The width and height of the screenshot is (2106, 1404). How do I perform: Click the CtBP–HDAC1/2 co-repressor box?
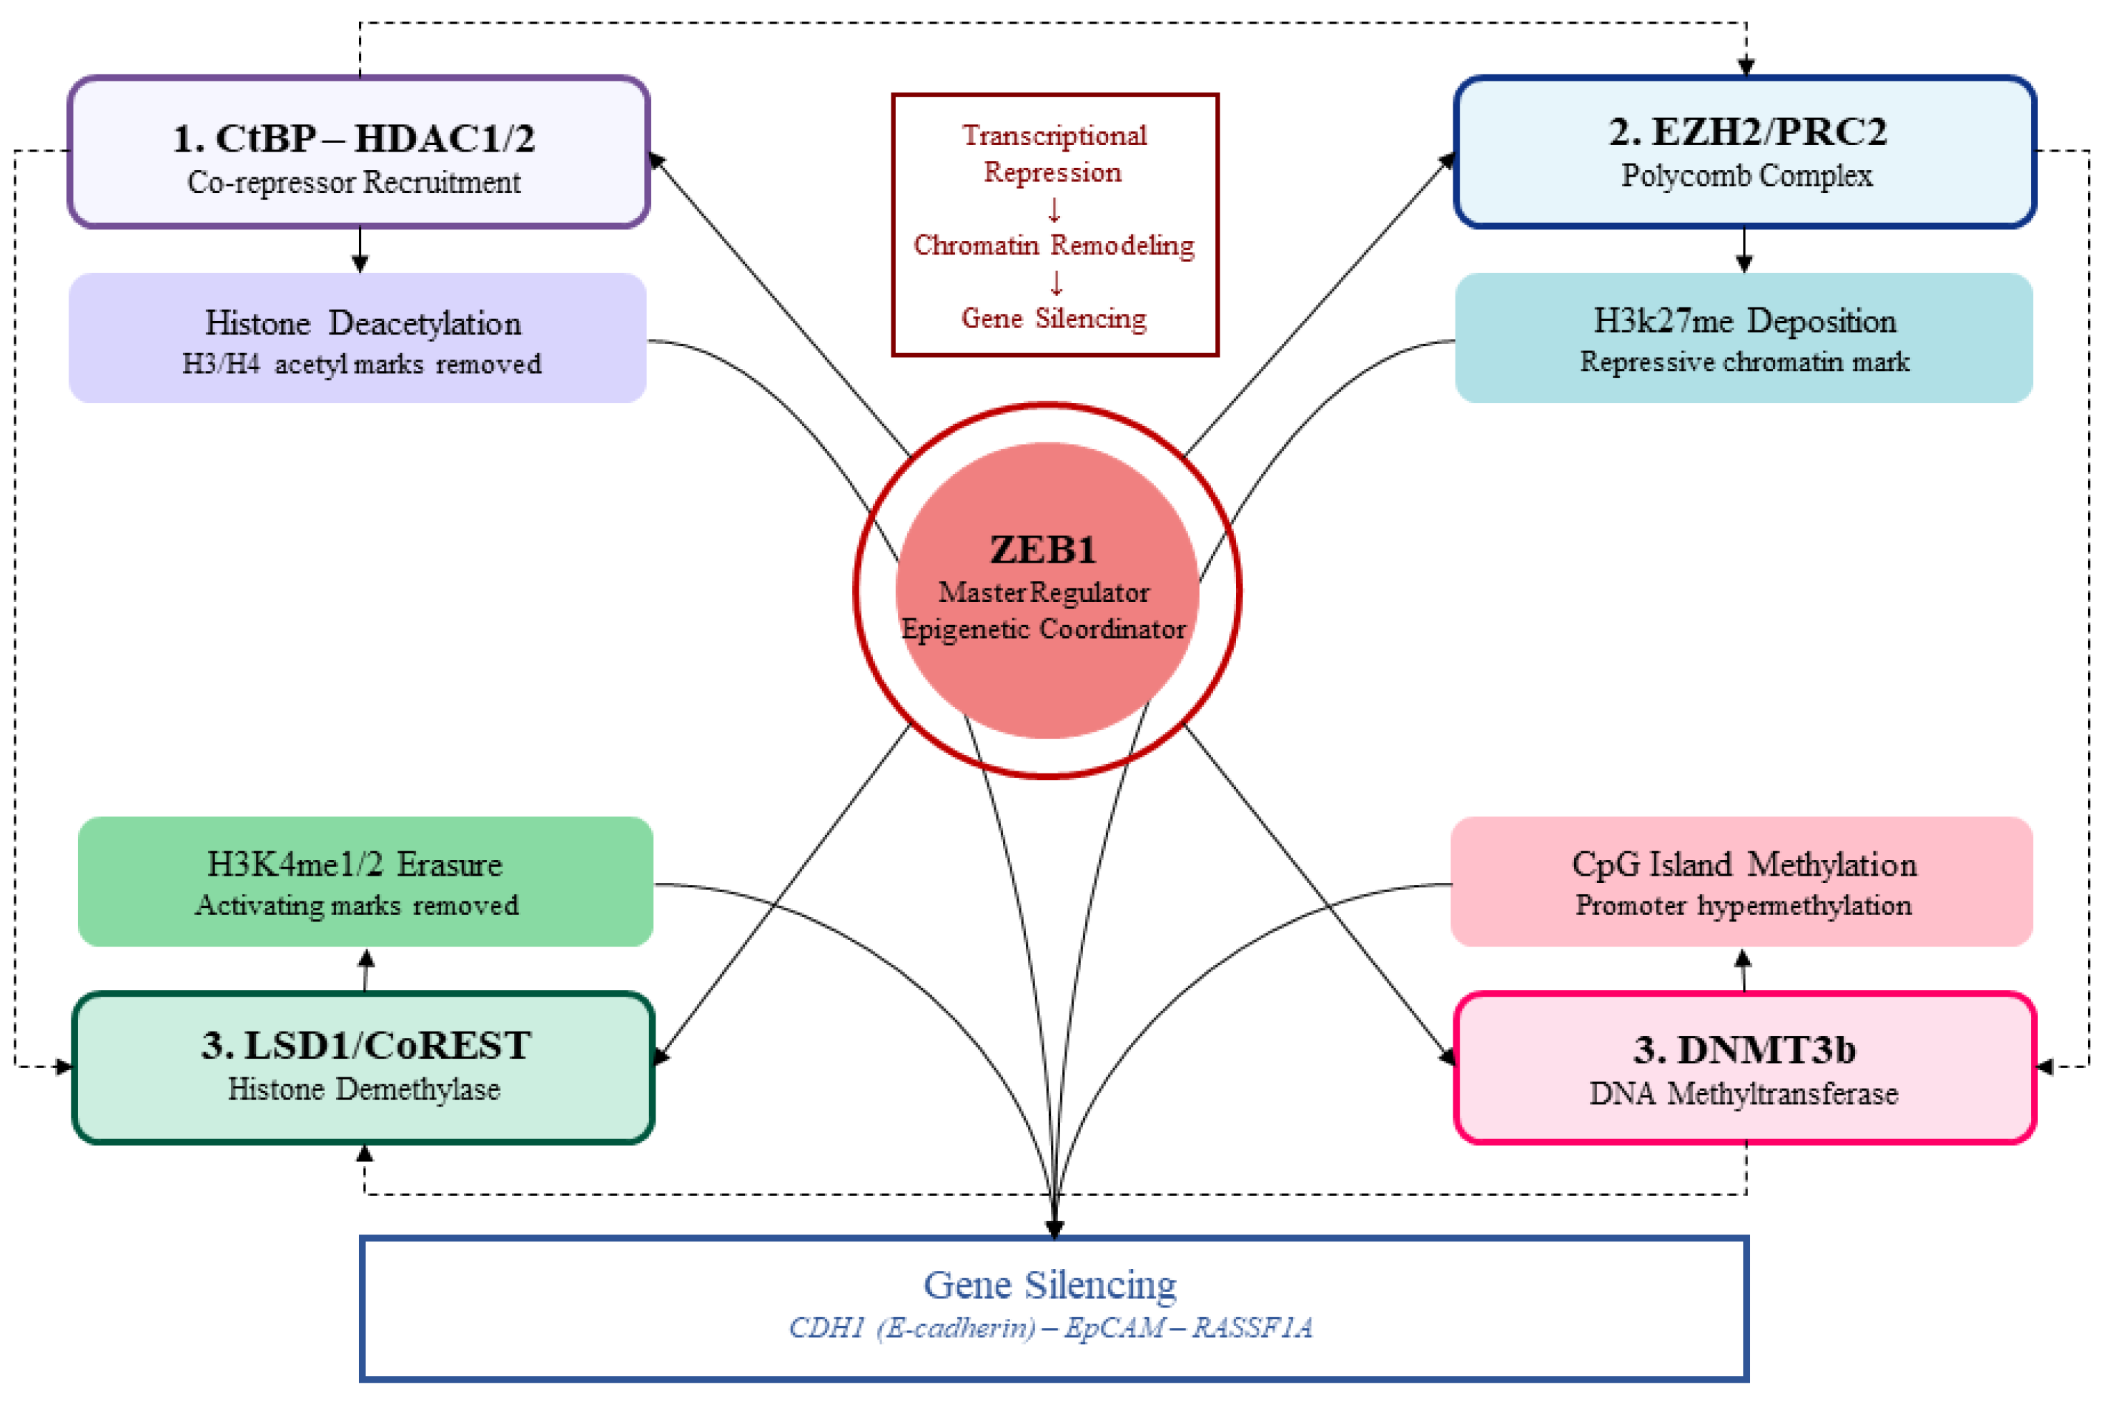[358, 152]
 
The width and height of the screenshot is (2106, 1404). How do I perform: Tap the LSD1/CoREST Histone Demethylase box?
[362, 1067]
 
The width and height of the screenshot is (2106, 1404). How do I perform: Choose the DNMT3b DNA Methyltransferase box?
[1744, 1068]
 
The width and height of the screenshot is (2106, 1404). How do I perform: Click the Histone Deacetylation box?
[358, 338]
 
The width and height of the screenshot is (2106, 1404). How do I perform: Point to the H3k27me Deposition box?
[1744, 338]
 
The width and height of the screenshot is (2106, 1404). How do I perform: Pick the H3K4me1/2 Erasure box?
[365, 882]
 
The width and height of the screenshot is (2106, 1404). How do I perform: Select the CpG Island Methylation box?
[1741, 882]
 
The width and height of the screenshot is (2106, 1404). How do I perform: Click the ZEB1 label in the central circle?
[1043, 550]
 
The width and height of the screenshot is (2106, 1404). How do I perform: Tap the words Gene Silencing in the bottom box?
[1049, 1285]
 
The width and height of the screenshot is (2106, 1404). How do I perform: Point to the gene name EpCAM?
[1114, 1327]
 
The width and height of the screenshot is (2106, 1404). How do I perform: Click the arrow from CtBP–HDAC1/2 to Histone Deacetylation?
[360, 251]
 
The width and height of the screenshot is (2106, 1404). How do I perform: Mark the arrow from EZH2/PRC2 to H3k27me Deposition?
[1744, 251]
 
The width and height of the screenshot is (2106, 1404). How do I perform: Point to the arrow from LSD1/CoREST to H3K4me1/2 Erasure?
[365, 970]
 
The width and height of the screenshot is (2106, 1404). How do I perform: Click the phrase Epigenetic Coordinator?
[1043, 630]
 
